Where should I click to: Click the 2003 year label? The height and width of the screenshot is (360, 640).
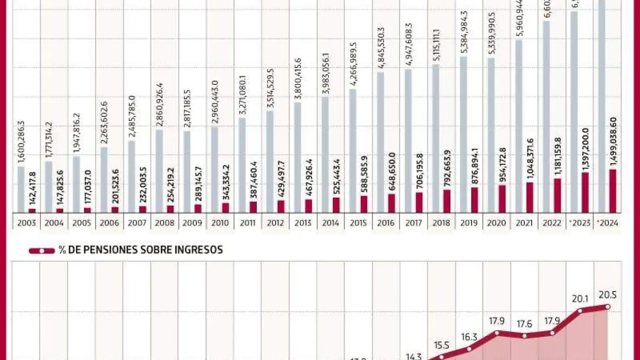click(26, 223)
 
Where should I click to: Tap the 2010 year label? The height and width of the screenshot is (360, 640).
click(219, 223)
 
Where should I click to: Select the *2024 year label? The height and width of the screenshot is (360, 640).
click(607, 223)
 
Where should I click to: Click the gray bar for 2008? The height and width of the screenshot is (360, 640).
click(158, 171)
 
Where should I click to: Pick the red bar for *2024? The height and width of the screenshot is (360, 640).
click(613, 191)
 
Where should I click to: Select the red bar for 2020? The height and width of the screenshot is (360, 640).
click(502, 199)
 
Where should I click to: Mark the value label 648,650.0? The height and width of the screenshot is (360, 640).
click(391, 172)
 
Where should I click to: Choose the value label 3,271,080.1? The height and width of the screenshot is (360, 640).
click(242, 96)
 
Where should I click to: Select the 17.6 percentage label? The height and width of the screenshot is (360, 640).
click(524, 323)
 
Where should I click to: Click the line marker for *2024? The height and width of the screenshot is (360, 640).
click(607, 306)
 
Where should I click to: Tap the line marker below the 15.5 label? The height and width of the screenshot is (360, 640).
click(441, 357)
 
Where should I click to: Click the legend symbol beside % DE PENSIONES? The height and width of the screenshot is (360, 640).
click(42, 250)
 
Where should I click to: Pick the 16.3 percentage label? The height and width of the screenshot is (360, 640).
click(469, 337)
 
